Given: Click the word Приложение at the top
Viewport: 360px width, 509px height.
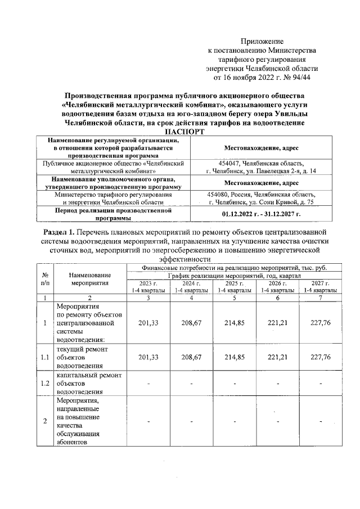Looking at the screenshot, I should (x=262, y=41).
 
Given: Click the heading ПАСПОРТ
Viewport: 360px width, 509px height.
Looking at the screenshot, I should (x=179, y=131).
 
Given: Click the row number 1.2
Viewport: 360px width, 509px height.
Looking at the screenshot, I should (x=45, y=383).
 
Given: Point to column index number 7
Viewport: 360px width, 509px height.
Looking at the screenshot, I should (x=321, y=298).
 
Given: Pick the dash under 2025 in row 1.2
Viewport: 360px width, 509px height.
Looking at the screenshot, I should (x=235, y=384).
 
